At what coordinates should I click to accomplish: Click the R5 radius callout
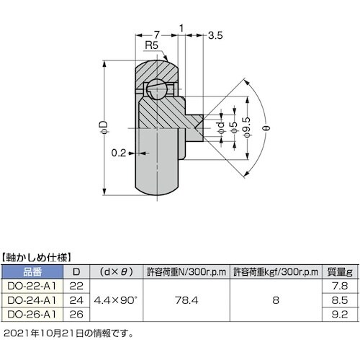coord(150,45)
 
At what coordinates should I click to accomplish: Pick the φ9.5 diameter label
coord(246,128)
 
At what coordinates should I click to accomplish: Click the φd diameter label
coord(219,127)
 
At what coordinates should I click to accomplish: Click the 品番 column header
coord(33,272)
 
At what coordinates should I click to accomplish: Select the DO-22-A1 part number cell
coord(33,286)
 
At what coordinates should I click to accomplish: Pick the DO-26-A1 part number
coord(33,314)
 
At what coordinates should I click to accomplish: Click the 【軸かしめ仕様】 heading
coord(40,256)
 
